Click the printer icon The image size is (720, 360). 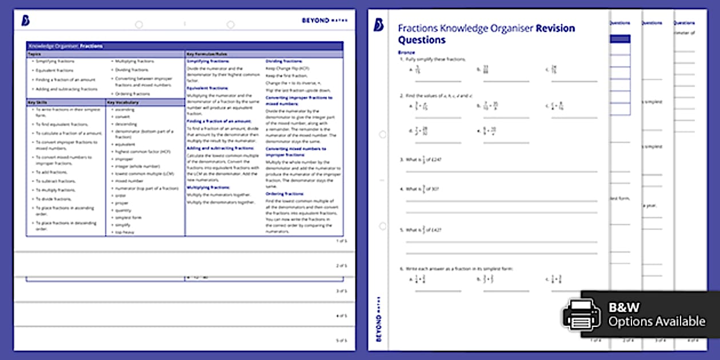coord(581,314)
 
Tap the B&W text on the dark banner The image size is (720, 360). coord(621,307)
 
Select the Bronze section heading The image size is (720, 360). coord(406,52)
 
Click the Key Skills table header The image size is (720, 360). coord(36,102)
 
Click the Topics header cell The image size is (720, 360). coord(34,54)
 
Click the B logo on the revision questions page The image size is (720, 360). coord(378,25)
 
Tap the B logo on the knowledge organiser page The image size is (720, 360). coord(25,21)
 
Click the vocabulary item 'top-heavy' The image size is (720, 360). coord(125,233)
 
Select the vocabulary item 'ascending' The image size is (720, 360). coord(125,109)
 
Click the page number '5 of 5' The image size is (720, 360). coord(341,341)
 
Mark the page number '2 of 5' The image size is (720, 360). coord(341,266)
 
